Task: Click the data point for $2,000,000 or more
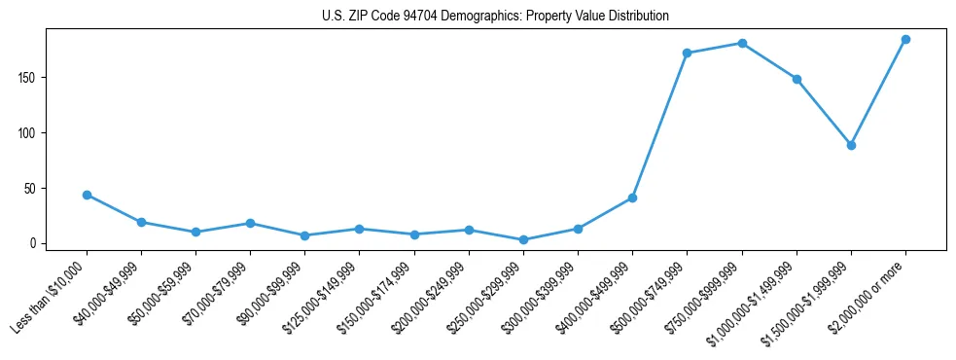[905, 40]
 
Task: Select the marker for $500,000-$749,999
[687, 54]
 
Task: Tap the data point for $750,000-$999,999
[742, 43]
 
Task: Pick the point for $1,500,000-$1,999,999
[851, 145]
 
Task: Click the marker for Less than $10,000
[87, 195]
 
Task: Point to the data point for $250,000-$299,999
[523, 239]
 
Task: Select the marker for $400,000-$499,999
[632, 198]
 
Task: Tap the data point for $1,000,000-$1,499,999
[797, 79]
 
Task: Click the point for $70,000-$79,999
[250, 223]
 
